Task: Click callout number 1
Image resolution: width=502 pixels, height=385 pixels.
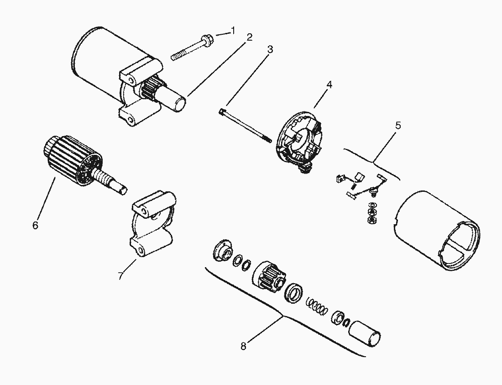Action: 233,31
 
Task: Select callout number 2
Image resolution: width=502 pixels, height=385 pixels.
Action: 249,37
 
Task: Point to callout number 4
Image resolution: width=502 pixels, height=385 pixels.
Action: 329,84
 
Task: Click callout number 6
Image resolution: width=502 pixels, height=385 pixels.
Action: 36,225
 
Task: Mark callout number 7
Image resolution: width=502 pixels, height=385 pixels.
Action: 120,275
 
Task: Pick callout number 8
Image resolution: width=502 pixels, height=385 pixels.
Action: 243,346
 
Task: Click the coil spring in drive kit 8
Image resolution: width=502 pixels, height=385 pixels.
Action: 316,305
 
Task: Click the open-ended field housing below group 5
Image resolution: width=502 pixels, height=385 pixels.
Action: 435,228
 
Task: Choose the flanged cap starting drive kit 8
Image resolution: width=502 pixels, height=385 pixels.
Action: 223,250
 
